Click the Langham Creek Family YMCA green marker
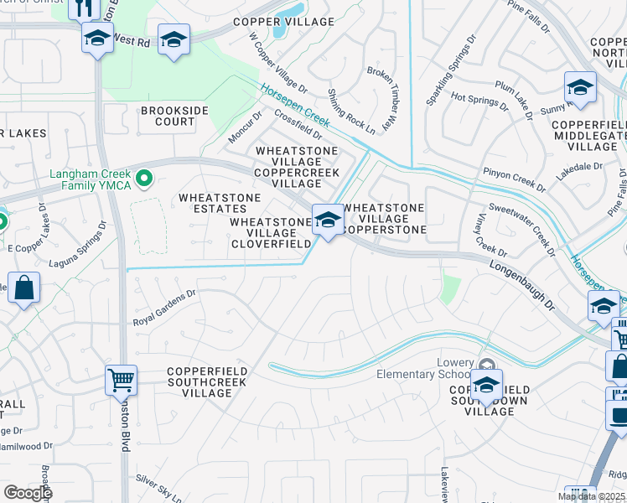pos(143,178)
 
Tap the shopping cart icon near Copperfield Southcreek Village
pos(122,380)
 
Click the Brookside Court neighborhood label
pos(168,116)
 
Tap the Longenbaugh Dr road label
pos(521,284)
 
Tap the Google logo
pos(27,493)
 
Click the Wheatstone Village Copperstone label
pos(386,218)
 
